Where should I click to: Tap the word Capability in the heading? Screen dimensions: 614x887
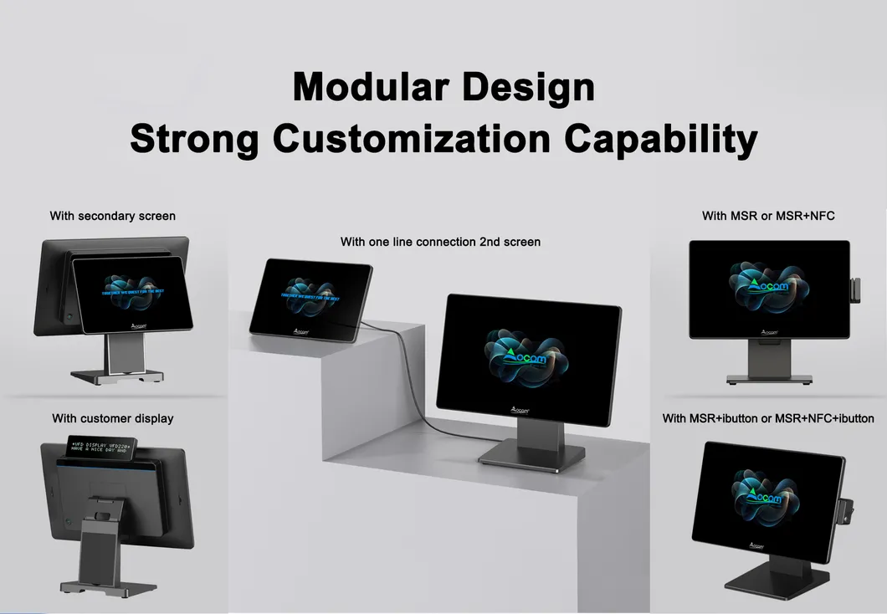click(661, 138)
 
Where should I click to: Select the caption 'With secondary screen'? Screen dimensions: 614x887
click(113, 216)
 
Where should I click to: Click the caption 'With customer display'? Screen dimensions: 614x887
click(113, 417)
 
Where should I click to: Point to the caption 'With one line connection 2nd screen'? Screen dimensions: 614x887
click(440, 242)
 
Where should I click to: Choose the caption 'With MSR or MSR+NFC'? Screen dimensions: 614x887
click(768, 216)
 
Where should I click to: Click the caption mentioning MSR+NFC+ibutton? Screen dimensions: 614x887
click(768, 418)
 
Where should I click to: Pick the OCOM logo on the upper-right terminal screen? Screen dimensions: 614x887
click(768, 287)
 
